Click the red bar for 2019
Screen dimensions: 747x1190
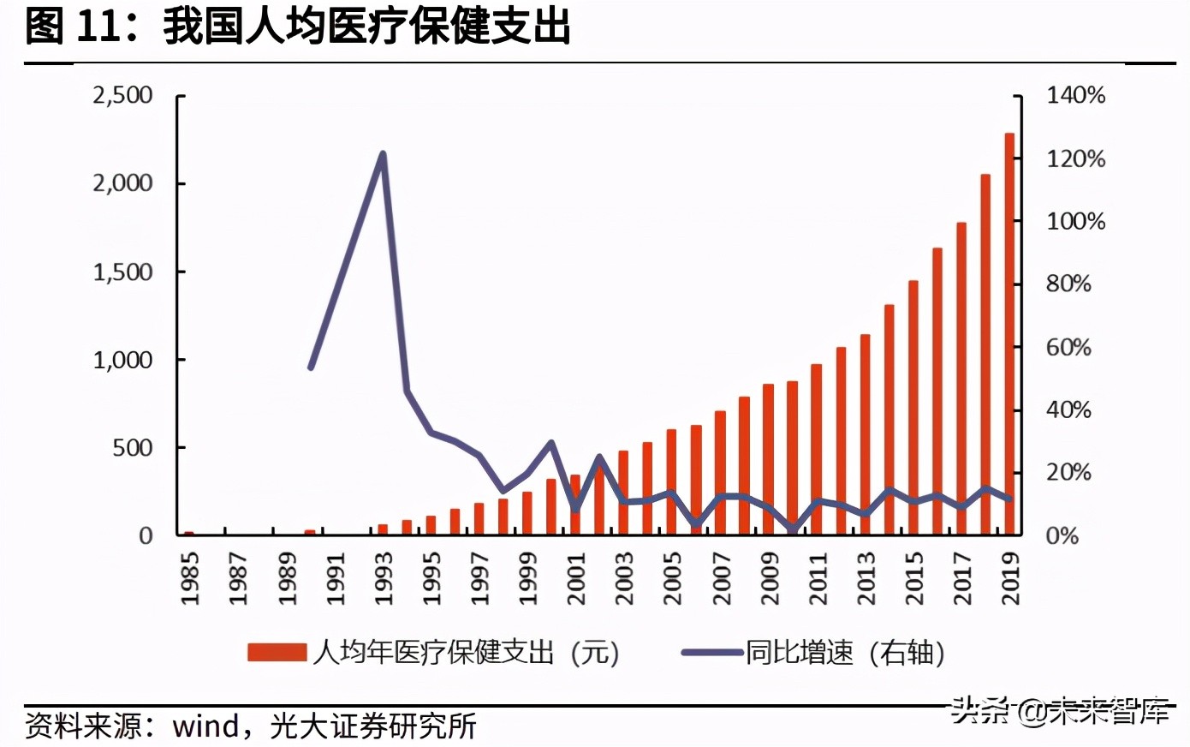1009,334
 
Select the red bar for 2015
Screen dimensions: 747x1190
913,408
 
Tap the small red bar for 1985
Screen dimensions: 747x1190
189,533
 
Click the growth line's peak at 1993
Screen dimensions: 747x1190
383,154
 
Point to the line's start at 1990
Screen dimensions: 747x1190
311,368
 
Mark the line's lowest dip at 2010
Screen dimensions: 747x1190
793,529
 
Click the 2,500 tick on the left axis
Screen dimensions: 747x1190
122,95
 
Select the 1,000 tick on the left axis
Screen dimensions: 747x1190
122,360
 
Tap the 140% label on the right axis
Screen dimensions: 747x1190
1075,95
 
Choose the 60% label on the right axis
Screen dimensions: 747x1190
1068,347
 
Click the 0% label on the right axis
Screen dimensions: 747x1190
1062,535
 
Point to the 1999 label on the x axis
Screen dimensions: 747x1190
527,578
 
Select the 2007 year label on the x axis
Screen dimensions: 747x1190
721,578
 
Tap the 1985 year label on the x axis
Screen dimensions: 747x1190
189,578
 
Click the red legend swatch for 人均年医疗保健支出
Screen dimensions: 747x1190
277,653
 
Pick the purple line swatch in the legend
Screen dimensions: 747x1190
711,653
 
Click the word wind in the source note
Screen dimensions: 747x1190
205,726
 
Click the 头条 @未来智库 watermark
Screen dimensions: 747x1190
1060,710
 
